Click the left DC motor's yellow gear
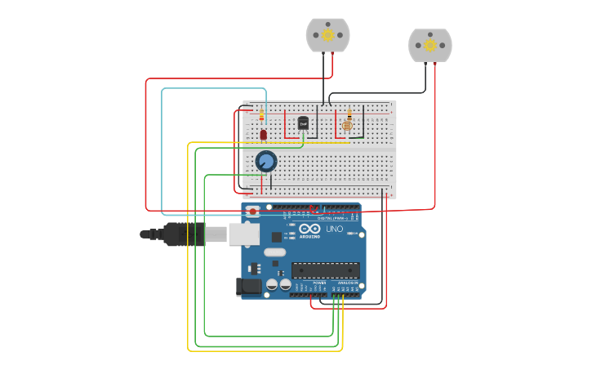pos(327,35)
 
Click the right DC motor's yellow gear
pos(430,46)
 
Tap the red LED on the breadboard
pos(263,134)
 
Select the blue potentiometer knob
pos(265,161)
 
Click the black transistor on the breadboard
pos(303,123)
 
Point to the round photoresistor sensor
pos(347,126)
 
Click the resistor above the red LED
pos(261,115)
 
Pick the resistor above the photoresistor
pos(349,114)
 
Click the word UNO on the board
pos(334,230)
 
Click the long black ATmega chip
pos(325,270)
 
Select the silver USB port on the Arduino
pos(243,234)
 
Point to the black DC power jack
pos(248,286)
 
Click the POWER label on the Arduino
pos(319,283)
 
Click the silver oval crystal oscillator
pos(274,252)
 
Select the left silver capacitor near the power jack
pos(272,285)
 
